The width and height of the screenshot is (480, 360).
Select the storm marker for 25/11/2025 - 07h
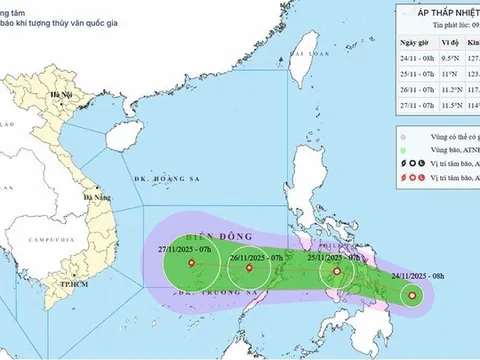pos(337,270)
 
